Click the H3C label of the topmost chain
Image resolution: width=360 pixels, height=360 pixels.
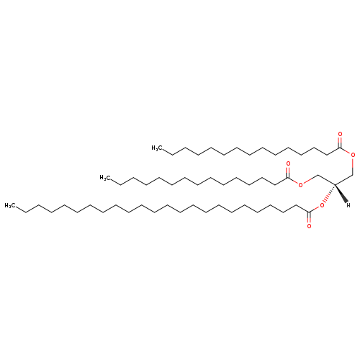click(x=157, y=148)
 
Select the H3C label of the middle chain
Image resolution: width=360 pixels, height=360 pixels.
click(x=105, y=178)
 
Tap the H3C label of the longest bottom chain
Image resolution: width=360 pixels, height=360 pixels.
click(x=10, y=206)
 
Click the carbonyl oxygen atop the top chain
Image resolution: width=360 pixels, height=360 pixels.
click(x=340, y=134)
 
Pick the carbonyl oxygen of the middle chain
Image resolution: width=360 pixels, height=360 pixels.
click(x=288, y=164)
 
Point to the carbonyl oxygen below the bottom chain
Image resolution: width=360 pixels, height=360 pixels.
click(x=309, y=226)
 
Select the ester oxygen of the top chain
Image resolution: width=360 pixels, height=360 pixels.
click(x=353, y=155)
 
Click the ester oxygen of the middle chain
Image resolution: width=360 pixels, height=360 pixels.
click(x=300, y=184)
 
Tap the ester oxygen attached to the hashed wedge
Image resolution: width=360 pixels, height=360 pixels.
click(x=322, y=205)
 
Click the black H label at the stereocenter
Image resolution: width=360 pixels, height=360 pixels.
click(x=348, y=205)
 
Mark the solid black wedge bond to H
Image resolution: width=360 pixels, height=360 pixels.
click(x=341, y=194)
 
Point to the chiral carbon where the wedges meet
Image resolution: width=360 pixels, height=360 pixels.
click(x=335, y=185)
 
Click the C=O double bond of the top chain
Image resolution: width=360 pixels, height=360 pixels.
click(x=340, y=143)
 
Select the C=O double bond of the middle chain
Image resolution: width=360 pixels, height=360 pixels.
click(x=288, y=172)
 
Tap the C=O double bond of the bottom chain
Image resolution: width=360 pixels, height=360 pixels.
click(x=309, y=217)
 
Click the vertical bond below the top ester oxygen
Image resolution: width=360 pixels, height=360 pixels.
click(x=353, y=166)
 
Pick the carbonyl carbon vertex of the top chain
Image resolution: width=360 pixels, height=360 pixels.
click(x=340, y=148)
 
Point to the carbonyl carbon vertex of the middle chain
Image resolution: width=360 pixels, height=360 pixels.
click(x=288, y=178)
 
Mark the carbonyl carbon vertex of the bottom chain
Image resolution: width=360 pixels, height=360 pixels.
click(x=309, y=212)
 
